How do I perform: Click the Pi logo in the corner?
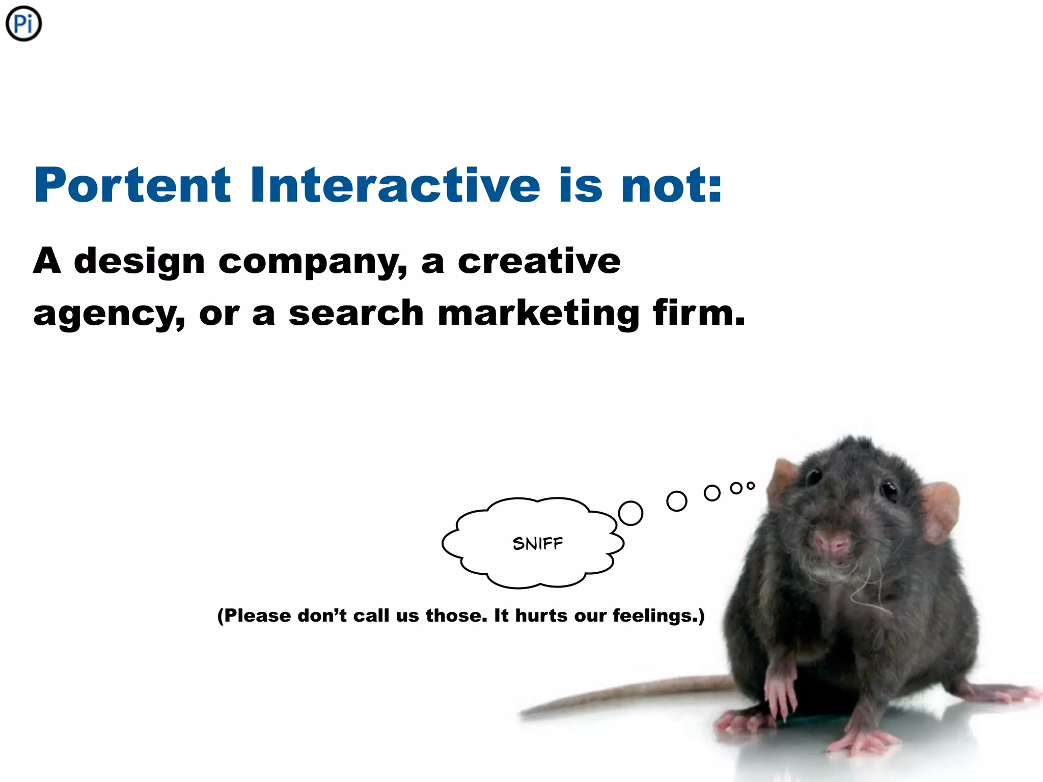click(x=23, y=24)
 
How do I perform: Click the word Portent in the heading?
click(x=132, y=185)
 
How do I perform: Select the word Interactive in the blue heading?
click(x=395, y=185)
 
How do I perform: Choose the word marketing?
click(x=538, y=313)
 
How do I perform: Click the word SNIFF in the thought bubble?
click(x=538, y=544)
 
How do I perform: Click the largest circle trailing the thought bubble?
click(x=630, y=513)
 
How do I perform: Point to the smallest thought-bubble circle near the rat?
click(x=750, y=486)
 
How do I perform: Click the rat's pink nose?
click(x=831, y=543)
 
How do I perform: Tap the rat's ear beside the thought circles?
click(x=781, y=479)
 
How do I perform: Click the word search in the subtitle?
click(x=356, y=313)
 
